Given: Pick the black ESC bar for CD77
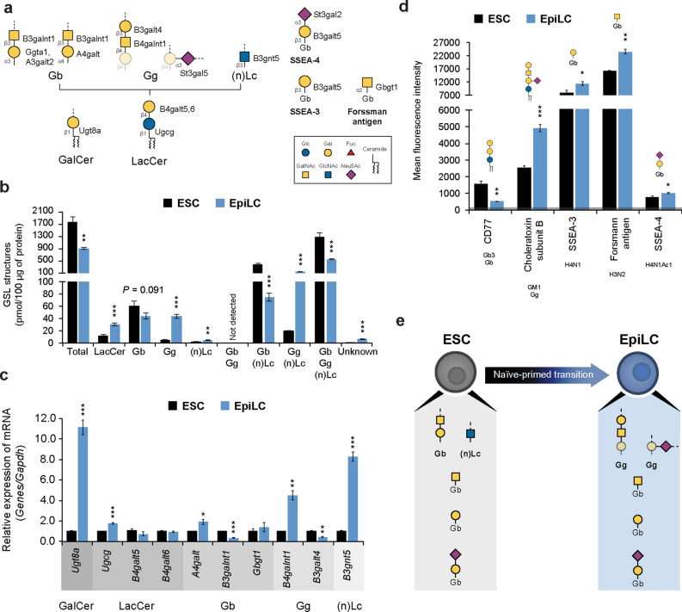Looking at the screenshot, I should point(482,199).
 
